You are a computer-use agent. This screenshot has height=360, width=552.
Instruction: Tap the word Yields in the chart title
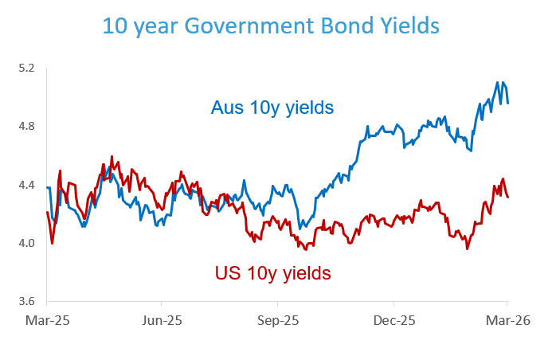point(407,26)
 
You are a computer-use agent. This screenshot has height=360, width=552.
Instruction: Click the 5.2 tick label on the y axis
point(29,68)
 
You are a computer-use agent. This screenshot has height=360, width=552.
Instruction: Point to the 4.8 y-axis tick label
point(29,127)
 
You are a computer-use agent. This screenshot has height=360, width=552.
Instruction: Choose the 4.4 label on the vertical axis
point(29,185)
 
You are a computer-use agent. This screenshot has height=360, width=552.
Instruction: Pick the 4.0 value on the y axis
point(29,243)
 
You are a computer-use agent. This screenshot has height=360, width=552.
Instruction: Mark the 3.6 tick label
point(29,301)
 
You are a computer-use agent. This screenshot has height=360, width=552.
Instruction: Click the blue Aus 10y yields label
point(272,107)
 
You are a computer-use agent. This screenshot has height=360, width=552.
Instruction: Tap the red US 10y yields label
point(272,273)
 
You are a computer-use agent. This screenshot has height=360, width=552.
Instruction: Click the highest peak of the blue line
point(498,82)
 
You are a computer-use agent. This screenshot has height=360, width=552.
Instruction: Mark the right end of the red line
point(508,197)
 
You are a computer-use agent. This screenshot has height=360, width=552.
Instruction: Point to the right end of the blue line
point(508,102)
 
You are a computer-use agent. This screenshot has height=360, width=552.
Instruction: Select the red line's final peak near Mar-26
point(503,179)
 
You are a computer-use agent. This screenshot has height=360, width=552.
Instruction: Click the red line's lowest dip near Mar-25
point(53,243)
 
